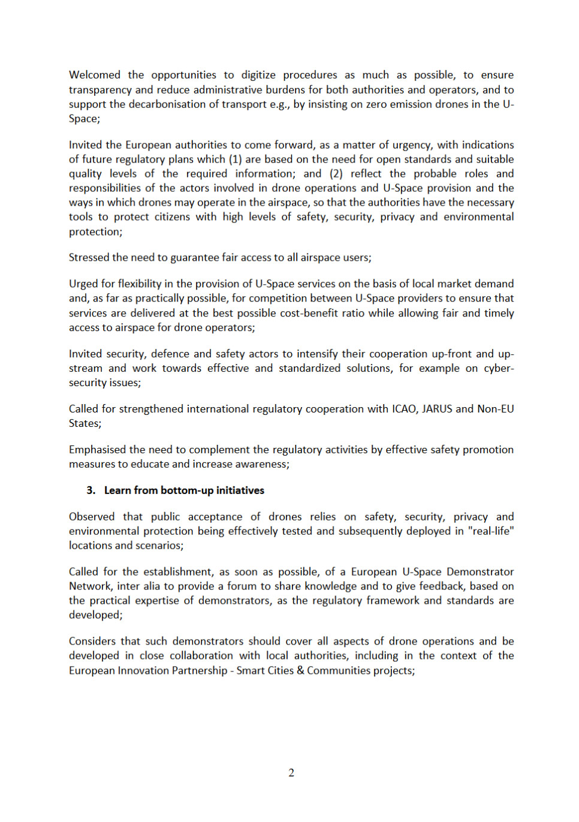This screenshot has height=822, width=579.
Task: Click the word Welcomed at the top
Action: [x=94, y=75]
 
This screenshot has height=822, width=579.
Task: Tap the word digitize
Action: [x=258, y=75]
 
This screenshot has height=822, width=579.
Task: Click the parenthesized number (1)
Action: [x=235, y=159]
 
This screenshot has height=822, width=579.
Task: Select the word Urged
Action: [x=83, y=284]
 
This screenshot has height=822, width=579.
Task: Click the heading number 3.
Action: [x=91, y=490]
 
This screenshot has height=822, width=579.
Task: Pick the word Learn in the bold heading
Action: [x=117, y=490]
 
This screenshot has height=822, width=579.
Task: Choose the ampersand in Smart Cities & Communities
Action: [x=300, y=670]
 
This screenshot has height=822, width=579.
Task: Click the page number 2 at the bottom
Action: [x=291, y=773]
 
